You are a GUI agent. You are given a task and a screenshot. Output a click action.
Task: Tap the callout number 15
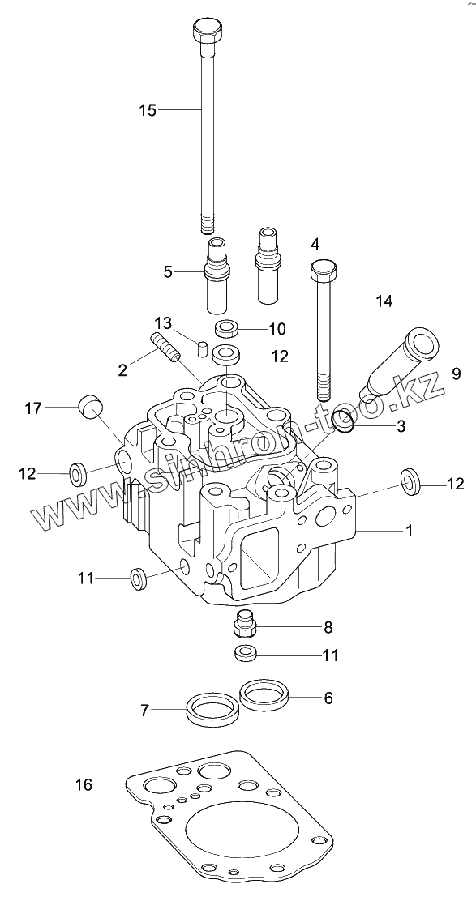[148, 109]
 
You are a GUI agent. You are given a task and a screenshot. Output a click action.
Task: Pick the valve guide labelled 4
[268, 265]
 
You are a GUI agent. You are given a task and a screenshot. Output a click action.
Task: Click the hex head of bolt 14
[323, 270]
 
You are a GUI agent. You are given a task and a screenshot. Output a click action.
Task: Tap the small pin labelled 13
[202, 348]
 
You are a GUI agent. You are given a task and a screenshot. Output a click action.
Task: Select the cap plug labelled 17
[90, 406]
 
